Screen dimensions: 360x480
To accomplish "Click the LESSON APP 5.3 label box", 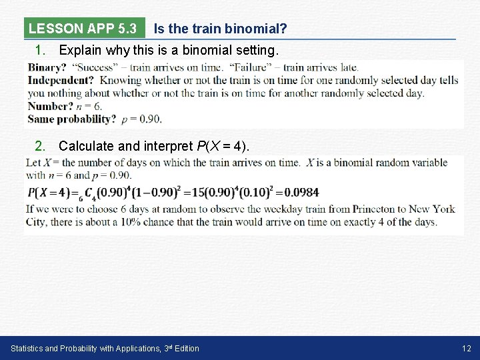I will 83,29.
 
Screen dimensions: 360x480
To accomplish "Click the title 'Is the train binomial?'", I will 220,29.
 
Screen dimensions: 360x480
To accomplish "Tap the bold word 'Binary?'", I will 47,67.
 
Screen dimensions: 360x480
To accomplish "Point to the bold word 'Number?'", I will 50,107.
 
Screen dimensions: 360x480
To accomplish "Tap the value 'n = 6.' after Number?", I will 89,107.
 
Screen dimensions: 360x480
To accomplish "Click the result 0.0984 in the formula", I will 301,192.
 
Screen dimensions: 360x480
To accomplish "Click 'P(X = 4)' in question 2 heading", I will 223,146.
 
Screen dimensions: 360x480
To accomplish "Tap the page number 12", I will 466,348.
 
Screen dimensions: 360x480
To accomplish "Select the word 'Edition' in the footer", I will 185,348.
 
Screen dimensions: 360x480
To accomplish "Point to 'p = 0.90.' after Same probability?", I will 141,119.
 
